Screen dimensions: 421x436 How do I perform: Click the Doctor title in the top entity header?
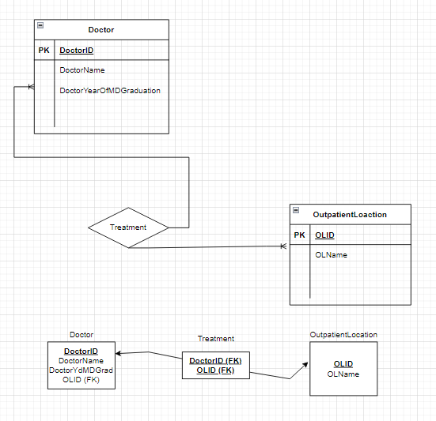(100, 30)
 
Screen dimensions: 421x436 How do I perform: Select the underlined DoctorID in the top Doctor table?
(78, 50)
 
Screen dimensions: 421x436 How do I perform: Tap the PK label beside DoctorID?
(44, 50)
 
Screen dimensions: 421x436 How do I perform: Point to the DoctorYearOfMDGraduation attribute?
(110, 91)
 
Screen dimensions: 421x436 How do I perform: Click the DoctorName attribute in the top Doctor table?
(82, 70)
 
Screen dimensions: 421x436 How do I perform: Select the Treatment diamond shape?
(128, 227)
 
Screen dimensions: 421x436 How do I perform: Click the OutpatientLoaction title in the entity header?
(350, 215)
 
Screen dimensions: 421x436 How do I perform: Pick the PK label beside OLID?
(299, 235)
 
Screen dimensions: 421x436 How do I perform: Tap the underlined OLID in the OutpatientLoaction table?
(324, 235)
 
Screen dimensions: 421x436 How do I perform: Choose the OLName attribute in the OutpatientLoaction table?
(331, 255)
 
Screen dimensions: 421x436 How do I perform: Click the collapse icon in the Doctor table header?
(40, 25)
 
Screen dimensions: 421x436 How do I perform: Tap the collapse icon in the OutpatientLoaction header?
(297, 210)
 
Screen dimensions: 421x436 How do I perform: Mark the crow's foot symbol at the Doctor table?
(31, 86)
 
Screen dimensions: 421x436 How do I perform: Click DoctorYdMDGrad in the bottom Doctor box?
(81, 370)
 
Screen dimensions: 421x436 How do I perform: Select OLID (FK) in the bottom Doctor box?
(81, 380)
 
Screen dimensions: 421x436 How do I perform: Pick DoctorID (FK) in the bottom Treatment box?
(215, 360)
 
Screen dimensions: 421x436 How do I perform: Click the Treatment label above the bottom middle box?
(215, 338)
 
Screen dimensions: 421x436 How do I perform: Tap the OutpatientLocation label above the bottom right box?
(343, 335)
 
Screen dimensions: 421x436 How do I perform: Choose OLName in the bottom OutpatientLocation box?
(343, 374)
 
